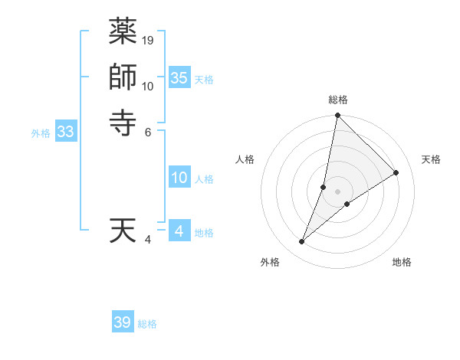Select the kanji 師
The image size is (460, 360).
(x=123, y=77)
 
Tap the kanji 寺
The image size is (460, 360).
(x=123, y=122)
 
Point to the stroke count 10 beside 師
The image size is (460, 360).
(x=148, y=86)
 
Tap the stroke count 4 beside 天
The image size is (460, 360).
(x=148, y=240)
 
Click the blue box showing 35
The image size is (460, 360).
(x=179, y=77)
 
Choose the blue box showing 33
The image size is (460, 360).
(x=66, y=132)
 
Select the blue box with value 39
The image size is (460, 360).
(x=123, y=322)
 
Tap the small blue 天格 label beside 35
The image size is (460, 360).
(x=204, y=80)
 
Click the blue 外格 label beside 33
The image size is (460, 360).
(x=41, y=133)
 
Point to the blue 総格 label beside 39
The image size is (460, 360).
(x=147, y=324)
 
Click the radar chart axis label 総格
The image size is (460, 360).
(x=337, y=100)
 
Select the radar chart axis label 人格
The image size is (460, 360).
(x=245, y=159)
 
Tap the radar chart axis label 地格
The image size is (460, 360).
(x=402, y=262)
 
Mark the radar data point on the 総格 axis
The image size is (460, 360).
(x=337, y=116)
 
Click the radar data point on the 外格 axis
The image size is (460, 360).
(x=302, y=242)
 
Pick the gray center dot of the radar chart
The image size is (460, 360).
(x=337, y=191)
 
